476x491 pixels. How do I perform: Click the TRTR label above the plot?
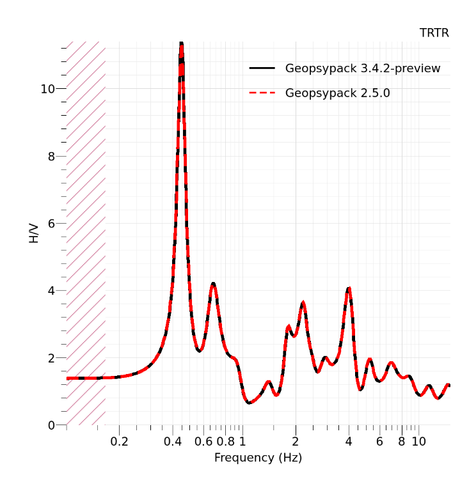[x=434, y=33]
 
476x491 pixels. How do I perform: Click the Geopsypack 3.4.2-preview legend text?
[x=362, y=68]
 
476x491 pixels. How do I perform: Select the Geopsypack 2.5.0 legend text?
[x=337, y=93]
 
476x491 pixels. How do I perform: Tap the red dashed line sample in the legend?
[x=262, y=93]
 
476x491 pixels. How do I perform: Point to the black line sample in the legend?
[x=262, y=68]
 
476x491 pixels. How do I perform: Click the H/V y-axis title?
[x=34, y=233]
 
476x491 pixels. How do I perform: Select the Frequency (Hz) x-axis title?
[x=258, y=458]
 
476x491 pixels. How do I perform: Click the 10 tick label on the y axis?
[x=48, y=89]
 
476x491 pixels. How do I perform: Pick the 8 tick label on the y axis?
[x=52, y=156]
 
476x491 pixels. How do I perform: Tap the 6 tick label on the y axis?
[x=52, y=224]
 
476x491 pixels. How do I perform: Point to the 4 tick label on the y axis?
[x=52, y=291]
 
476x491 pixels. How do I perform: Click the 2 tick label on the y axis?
[x=52, y=358]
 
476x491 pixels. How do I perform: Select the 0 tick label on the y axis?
[x=52, y=425]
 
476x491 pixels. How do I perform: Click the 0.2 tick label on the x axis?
[x=119, y=441]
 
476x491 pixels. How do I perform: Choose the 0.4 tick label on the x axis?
[x=172, y=441]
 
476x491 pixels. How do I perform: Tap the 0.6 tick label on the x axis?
[x=203, y=441]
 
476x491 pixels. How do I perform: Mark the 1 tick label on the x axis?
[x=242, y=441]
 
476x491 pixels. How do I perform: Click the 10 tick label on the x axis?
[x=418, y=441]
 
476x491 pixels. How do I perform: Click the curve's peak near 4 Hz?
[x=349, y=288]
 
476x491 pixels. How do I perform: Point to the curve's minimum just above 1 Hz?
[x=249, y=402]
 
